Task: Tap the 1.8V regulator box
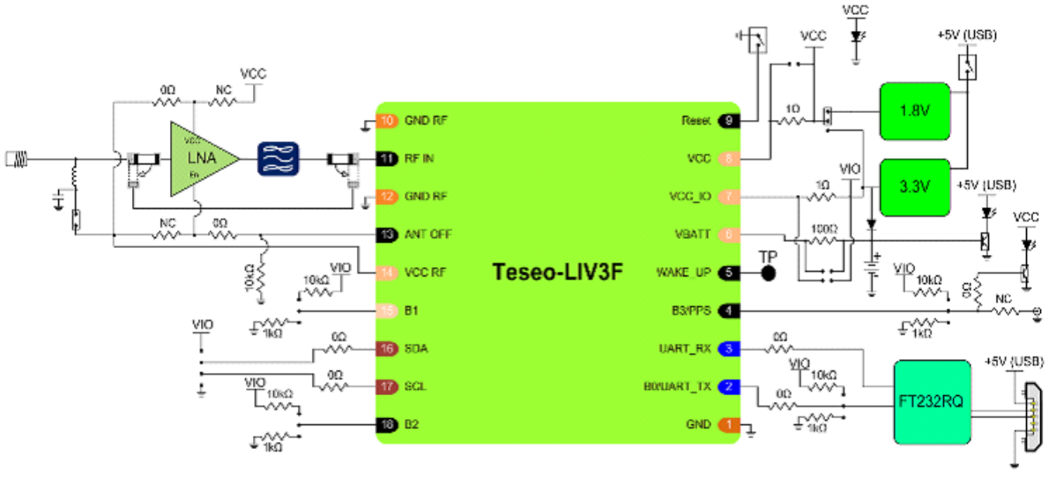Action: tap(914, 111)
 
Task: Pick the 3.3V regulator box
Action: tap(914, 187)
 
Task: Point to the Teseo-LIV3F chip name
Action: tap(557, 271)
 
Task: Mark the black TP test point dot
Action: tap(768, 273)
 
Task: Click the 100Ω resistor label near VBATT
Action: tap(822, 228)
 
